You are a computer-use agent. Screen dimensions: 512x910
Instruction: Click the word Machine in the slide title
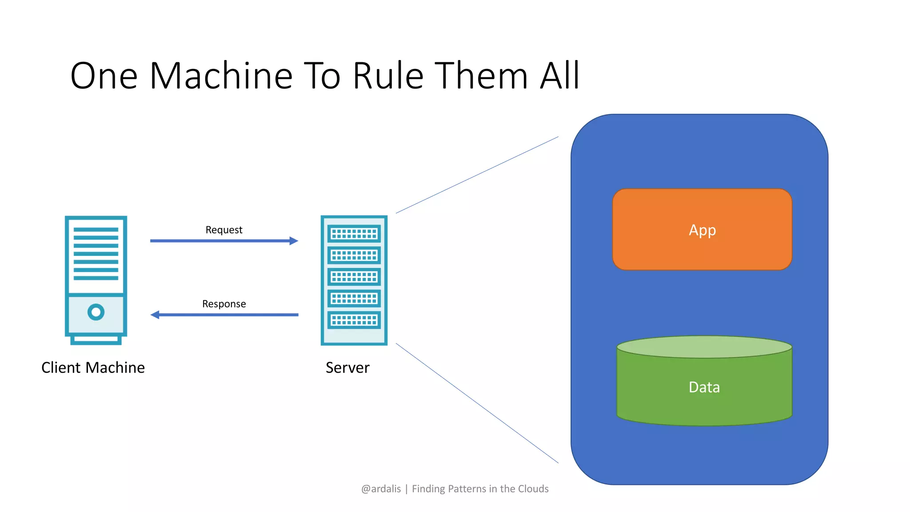coord(221,76)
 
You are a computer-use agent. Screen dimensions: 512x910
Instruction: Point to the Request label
coord(224,230)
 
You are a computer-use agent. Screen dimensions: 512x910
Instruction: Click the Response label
coord(224,304)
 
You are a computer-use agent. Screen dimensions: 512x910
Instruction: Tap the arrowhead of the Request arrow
coord(294,241)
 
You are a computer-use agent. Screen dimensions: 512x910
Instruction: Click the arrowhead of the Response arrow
coord(155,315)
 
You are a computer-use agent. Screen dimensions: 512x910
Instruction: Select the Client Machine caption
coord(93,368)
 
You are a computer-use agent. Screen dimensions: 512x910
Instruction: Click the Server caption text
coord(347,368)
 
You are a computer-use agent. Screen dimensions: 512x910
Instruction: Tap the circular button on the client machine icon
coord(96,312)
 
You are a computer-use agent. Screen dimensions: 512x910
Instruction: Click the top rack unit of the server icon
coord(354,234)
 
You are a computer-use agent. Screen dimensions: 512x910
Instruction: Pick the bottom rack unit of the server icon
coord(354,320)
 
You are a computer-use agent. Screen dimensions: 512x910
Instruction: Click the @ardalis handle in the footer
coord(381,489)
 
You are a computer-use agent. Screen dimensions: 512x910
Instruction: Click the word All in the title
coord(559,76)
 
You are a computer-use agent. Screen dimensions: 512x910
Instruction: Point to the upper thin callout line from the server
coord(477,175)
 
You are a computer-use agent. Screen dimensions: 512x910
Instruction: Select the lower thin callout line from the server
coord(477,403)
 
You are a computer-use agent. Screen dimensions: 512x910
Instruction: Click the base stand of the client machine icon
coord(96,340)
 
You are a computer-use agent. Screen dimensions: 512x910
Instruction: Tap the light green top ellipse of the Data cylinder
coord(704,347)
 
